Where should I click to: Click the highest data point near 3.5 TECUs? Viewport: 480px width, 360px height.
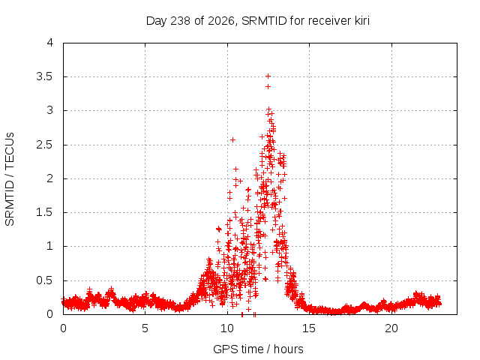click(x=268, y=76)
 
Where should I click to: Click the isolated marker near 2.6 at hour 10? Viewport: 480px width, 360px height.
click(x=232, y=140)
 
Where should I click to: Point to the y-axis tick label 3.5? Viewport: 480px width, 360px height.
click(x=45, y=76)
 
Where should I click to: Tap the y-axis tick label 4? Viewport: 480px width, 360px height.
click(x=50, y=43)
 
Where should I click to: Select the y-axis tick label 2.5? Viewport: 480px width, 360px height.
click(x=45, y=145)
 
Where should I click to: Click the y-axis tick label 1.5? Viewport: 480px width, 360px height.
click(x=45, y=212)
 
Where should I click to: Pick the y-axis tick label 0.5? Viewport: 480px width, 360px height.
click(x=45, y=280)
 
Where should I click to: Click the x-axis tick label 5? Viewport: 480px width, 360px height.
click(x=145, y=328)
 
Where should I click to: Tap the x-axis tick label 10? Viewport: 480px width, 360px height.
click(x=227, y=328)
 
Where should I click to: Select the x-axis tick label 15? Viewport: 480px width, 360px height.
click(x=309, y=328)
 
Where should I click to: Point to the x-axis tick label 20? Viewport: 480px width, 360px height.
click(x=391, y=328)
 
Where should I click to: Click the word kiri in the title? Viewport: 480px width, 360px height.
click(x=362, y=21)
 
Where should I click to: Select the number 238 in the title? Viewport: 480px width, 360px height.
click(x=181, y=21)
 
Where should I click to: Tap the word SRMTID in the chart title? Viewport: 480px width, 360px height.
click(x=264, y=21)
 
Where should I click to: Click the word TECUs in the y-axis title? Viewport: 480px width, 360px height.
click(x=10, y=151)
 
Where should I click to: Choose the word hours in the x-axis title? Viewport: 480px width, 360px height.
click(x=288, y=349)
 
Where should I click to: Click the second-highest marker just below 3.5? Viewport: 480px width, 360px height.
click(x=268, y=87)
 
